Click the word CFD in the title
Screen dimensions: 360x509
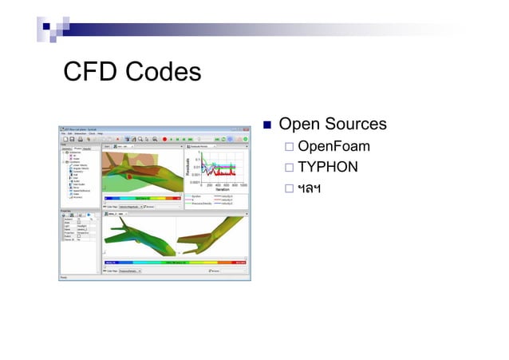point(89,73)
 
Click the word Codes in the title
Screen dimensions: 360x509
point(161,73)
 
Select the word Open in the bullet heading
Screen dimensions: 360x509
point(299,125)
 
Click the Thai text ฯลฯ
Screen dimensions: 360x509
point(309,188)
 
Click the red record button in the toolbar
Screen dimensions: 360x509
point(164,139)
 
